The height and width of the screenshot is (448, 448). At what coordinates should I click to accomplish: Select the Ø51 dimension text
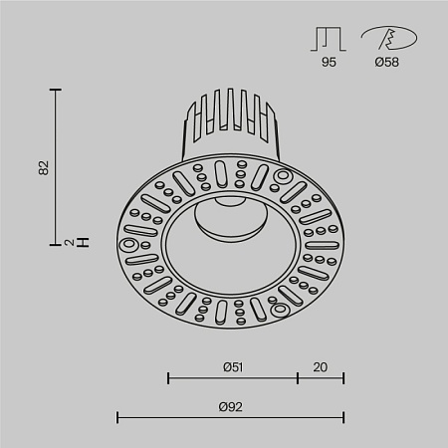coord(233,366)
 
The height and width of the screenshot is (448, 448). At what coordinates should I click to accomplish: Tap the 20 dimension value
coord(321,366)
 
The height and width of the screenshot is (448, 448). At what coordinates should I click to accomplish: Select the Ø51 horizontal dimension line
coord(233,378)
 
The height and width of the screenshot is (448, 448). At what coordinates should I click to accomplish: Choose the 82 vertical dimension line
coord(57,167)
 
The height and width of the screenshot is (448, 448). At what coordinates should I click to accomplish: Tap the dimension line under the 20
coord(321,378)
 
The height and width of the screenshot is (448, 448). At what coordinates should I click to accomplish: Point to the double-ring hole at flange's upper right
coord(282,179)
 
